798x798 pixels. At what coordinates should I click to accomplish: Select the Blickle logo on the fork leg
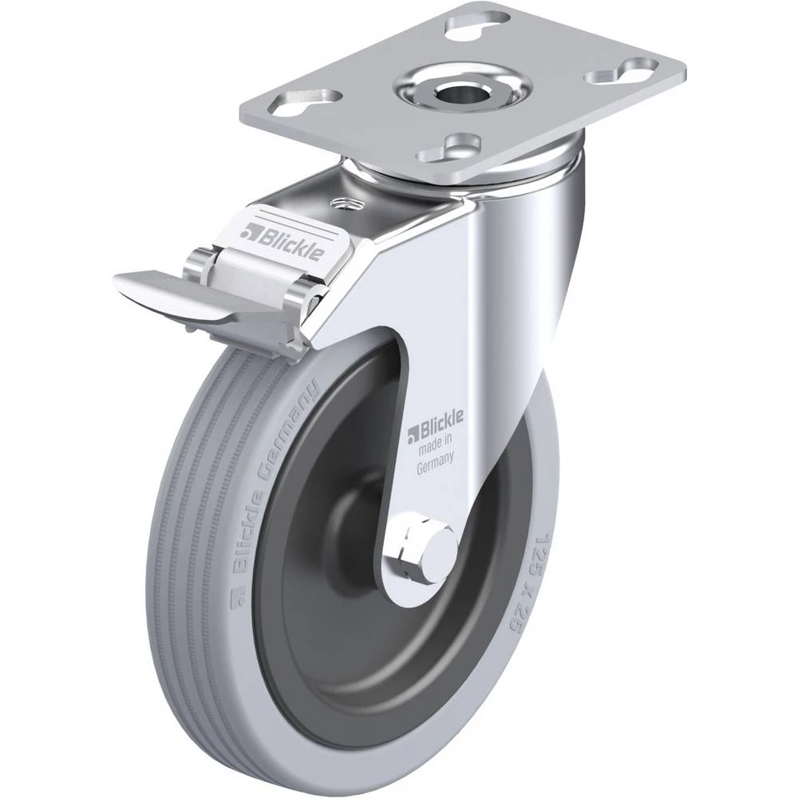435,425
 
